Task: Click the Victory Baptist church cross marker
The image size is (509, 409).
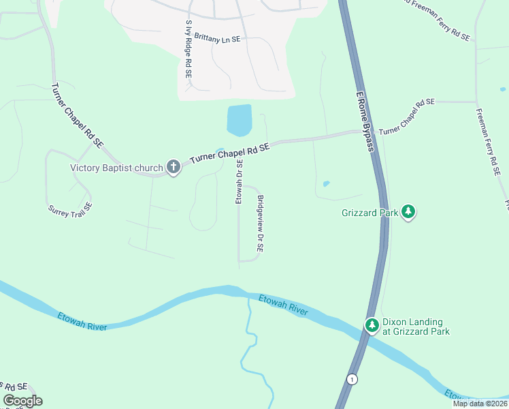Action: (x=174, y=167)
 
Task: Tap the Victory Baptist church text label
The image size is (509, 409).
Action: (x=117, y=168)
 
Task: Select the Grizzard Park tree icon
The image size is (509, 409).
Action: (x=408, y=212)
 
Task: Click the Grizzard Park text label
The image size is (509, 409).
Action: (x=370, y=213)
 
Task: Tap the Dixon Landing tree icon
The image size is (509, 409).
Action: (x=372, y=325)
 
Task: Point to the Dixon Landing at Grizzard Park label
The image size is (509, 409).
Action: (x=416, y=327)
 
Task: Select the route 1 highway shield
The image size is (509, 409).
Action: (x=351, y=379)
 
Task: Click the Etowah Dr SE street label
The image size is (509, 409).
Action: (x=239, y=181)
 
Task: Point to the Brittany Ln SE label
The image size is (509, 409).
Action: (x=217, y=40)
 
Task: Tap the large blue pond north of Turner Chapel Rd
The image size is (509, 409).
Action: (x=239, y=121)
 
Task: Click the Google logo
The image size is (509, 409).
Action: (x=22, y=401)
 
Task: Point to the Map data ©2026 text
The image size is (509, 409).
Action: (x=480, y=404)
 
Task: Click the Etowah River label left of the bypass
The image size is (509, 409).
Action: (x=82, y=322)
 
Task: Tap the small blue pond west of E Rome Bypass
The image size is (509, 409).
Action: (x=327, y=183)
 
